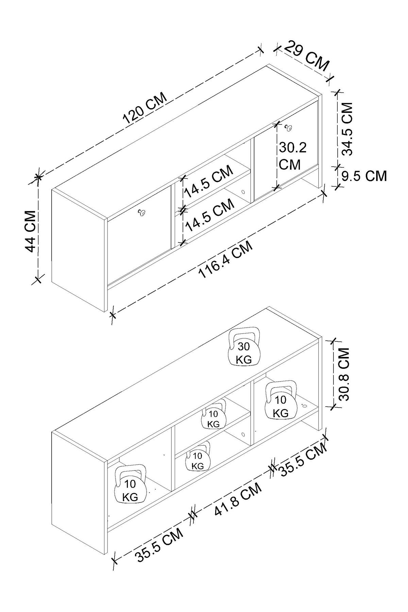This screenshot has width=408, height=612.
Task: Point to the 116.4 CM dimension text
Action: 227,259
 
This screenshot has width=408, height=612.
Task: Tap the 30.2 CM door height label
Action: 293,156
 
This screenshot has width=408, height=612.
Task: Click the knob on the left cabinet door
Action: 141,213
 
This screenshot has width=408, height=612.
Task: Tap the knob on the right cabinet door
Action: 289,127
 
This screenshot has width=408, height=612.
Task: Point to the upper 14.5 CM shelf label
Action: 209,181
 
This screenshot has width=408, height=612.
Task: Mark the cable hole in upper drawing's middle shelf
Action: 243,192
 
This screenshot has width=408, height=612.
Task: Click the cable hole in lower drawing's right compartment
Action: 304,405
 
